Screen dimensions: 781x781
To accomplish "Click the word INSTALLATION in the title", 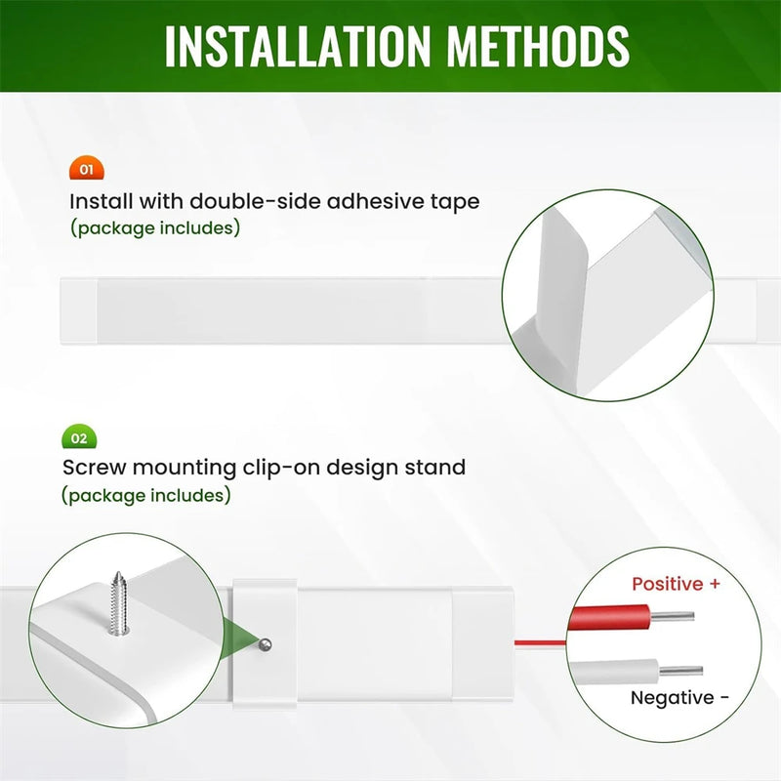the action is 298,46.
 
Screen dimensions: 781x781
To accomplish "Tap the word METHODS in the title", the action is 539,46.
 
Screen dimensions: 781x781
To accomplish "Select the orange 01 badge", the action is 87,168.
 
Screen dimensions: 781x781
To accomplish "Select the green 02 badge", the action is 79,436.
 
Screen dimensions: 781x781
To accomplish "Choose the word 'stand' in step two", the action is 434,468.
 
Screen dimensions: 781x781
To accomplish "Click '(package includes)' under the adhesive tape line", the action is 155,228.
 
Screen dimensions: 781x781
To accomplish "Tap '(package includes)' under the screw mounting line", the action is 146,496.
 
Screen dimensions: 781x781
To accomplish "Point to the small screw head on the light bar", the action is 266,645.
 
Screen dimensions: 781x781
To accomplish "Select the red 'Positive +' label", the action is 676,584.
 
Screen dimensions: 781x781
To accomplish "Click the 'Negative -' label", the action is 679,698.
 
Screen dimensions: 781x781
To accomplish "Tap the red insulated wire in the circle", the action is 610,618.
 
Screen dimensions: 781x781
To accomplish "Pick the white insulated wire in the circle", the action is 614,672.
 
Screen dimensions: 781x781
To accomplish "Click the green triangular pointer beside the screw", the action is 240,639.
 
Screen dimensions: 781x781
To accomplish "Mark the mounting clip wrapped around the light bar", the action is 265,644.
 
